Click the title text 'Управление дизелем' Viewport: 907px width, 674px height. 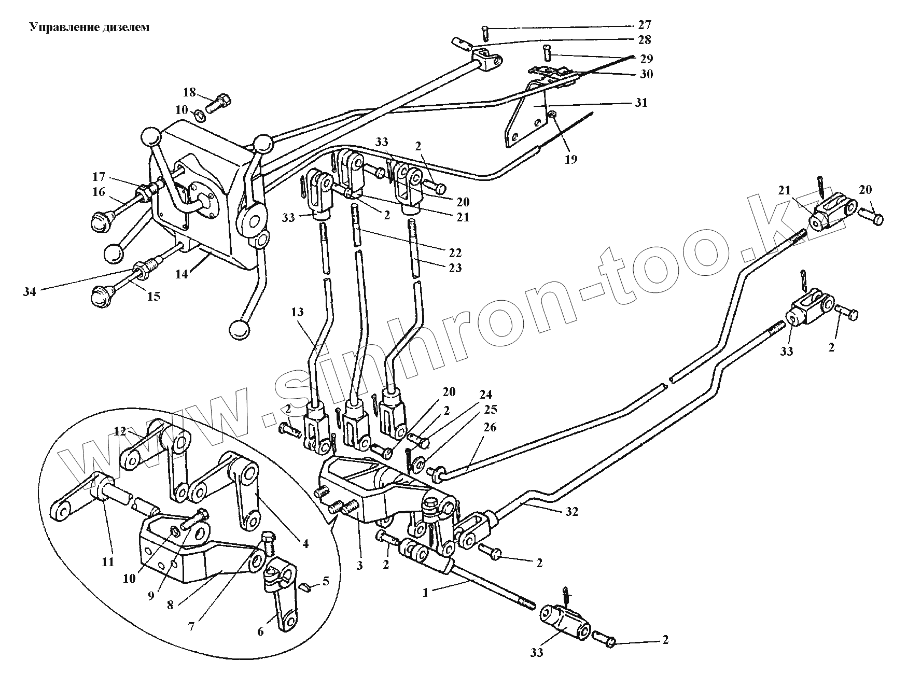click(x=89, y=27)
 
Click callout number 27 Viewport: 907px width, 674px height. click(x=645, y=25)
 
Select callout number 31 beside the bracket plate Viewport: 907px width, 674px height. click(x=641, y=103)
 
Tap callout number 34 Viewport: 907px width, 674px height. click(x=30, y=292)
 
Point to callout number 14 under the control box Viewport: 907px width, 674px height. click(x=181, y=274)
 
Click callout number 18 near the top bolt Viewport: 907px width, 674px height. click(x=189, y=93)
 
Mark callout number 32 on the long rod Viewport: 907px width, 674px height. click(x=572, y=512)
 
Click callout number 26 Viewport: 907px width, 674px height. click(x=490, y=428)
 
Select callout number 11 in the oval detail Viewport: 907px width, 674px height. click(x=107, y=561)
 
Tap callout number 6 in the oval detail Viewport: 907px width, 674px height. click(x=260, y=631)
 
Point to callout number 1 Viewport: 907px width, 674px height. click(x=426, y=593)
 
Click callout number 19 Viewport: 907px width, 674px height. click(x=570, y=159)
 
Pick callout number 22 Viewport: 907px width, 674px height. click(x=455, y=252)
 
